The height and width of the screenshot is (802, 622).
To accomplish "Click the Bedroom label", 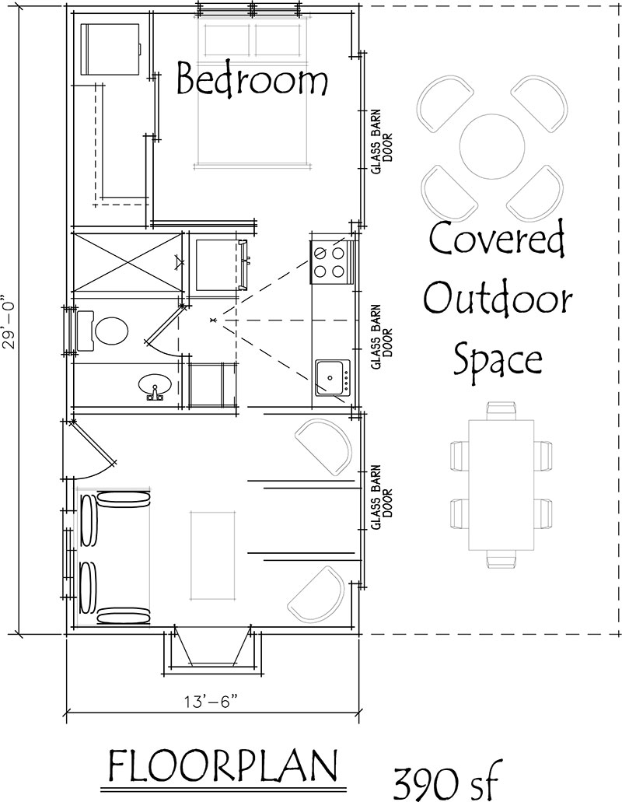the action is (252, 79).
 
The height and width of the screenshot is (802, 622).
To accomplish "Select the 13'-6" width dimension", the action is (212, 701).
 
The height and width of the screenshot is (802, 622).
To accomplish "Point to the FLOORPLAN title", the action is (223, 766).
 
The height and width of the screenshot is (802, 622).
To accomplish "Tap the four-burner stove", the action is (332, 261).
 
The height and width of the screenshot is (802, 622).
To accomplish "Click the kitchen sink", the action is (333, 377).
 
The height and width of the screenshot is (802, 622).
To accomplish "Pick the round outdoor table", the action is (492, 146).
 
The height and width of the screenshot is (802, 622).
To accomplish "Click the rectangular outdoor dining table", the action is (501, 485).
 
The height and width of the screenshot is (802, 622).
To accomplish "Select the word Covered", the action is (496, 240).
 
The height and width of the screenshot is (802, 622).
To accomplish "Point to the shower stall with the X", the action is (127, 262).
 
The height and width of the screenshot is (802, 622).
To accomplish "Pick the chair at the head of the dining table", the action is (501, 411).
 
